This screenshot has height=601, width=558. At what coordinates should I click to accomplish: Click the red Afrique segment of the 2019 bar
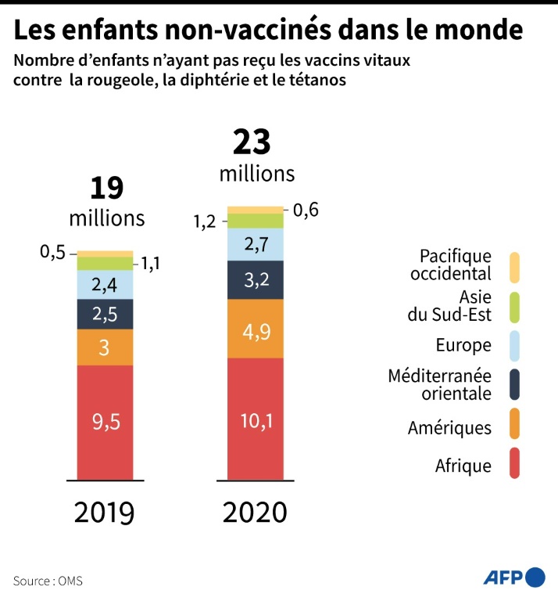click(105, 423)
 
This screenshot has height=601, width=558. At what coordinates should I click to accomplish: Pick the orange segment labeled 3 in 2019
click(105, 347)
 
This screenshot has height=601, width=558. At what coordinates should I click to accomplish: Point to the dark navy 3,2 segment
click(255, 279)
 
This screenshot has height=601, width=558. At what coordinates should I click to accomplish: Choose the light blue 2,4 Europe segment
click(105, 285)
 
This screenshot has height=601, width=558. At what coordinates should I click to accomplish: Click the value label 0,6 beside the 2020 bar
click(307, 211)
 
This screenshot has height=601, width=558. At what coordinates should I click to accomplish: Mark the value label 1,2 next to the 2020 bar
click(206, 222)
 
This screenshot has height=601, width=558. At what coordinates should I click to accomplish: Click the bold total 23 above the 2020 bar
click(252, 142)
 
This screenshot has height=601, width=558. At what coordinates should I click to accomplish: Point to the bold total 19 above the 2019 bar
click(107, 188)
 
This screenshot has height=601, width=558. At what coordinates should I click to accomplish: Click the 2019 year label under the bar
click(105, 513)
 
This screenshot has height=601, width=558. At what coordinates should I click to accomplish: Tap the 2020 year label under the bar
click(255, 513)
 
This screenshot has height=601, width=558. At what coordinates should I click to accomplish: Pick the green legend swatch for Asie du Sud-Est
click(514, 305)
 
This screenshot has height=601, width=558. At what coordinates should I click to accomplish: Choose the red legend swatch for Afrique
click(514, 464)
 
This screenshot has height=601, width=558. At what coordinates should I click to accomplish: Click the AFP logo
click(513, 578)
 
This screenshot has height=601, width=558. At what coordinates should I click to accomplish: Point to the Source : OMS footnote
click(48, 581)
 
